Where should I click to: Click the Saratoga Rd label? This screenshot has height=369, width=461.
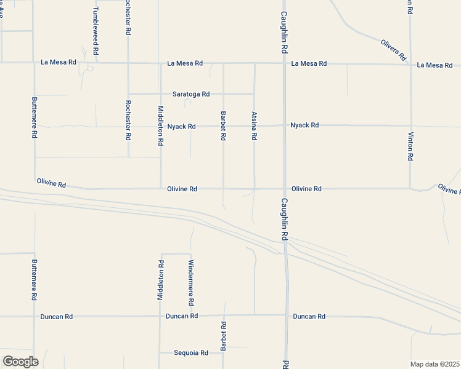pos(191,94)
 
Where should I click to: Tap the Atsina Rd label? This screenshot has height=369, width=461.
pos(253,125)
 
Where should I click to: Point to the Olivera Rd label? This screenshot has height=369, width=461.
pos(394,49)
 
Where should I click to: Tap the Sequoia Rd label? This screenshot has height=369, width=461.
pos(191,353)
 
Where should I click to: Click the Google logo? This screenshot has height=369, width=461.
pos(20,362)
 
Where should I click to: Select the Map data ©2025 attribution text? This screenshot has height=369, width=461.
pos(435,364)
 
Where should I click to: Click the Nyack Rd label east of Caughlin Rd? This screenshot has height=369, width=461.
pos(305,125)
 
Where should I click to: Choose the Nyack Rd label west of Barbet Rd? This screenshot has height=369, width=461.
pos(182,127)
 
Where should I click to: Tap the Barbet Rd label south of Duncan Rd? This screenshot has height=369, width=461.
pos(224,336)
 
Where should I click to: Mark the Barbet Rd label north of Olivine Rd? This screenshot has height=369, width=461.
pos(223,125)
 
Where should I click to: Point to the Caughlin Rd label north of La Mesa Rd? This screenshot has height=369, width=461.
pos(284,31)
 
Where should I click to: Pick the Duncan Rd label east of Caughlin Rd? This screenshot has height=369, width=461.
pos(309,316)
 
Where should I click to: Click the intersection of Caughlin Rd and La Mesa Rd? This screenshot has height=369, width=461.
pos(284,63)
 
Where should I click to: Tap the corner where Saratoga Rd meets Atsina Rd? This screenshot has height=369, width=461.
pos(255,94)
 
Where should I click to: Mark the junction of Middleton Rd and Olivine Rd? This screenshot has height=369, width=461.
pos(161,189)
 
